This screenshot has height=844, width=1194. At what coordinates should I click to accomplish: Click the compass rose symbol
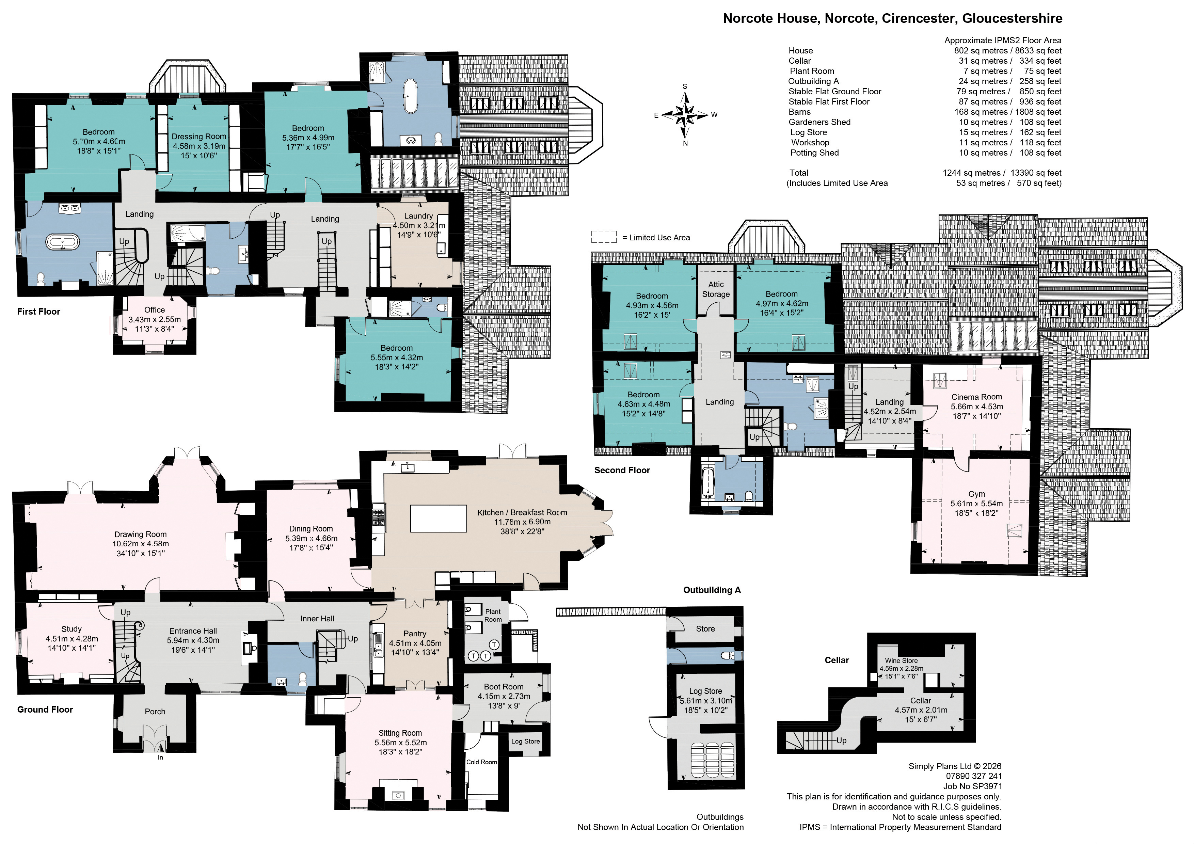[685, 114]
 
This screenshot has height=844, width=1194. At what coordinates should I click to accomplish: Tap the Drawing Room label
[140, 534]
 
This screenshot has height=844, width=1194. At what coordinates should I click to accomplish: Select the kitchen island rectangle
[439, 519]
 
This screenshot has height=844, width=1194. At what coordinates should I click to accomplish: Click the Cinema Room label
[977, 397]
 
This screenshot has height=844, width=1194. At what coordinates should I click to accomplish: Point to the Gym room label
[977, 494]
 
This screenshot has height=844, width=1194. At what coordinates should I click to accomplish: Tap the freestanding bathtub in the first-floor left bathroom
[63, 242]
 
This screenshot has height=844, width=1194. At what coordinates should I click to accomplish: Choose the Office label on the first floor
[155, 310]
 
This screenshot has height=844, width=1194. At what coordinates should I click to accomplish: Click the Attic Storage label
[716, 289]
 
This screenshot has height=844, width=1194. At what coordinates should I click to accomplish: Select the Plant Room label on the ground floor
[493, 615]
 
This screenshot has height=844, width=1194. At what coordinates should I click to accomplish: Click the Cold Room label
[481, 762]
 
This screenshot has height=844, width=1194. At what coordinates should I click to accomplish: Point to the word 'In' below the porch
[161, 757]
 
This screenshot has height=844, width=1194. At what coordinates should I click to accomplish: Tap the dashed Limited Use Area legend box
[604, 237]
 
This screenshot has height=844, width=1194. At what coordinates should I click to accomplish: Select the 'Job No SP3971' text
[972, 786]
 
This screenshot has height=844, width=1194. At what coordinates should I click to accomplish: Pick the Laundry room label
[419, 216]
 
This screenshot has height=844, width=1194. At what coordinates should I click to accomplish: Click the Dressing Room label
[199, 136]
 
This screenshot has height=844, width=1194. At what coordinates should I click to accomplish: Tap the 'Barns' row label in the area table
[799, 112]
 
